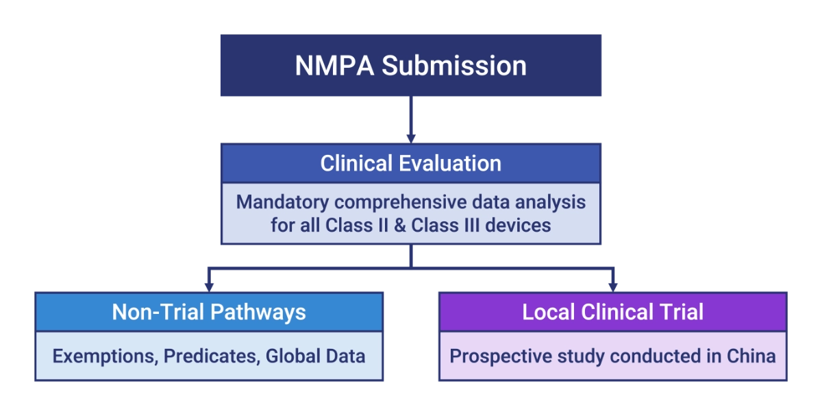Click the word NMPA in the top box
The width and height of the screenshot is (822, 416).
tap(334, 66)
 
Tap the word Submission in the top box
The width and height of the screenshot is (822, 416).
tap(454, 66)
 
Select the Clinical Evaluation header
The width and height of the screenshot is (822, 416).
tap(410, 163)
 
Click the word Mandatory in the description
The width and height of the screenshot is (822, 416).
tap(282, 203)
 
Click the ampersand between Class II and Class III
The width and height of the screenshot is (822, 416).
tap(399, 225)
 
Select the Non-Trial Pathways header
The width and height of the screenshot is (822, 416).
tap(209, 312)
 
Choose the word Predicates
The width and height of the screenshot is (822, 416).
tap(212, 356)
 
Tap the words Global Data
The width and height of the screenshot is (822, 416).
tap(315, 356)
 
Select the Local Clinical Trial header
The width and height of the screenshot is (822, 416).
tap(613, 312)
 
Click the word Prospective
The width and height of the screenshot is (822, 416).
tap(501, 356)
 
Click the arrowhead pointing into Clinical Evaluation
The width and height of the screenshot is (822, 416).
tap(411, 138)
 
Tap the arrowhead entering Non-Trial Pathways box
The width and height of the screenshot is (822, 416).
tap(209, 287)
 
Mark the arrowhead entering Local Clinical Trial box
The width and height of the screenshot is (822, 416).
tap(613, 287)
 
